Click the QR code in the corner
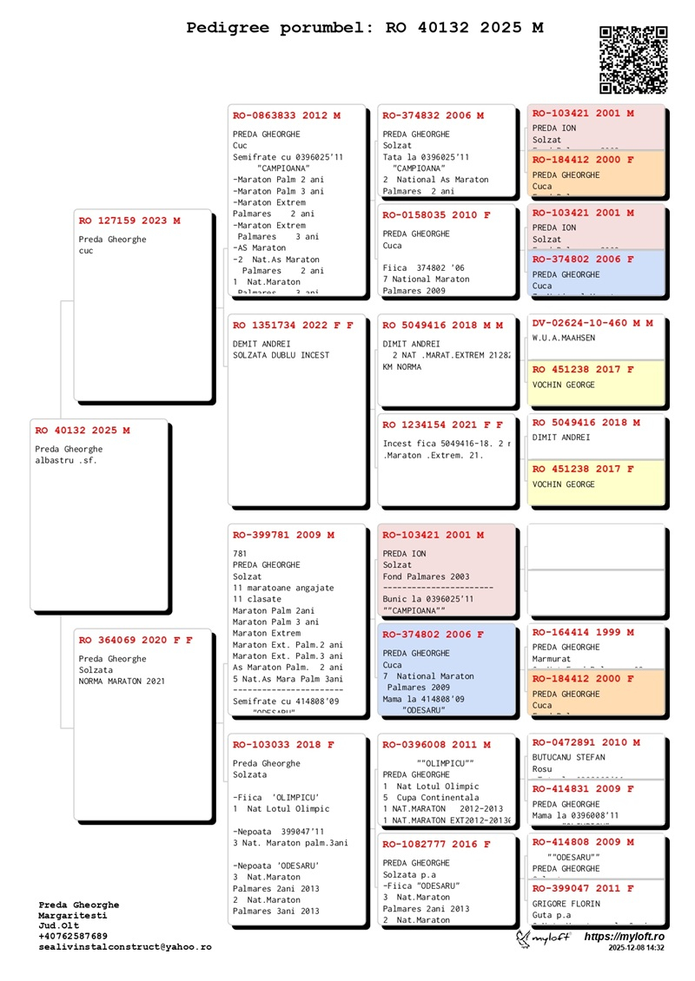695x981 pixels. [633, 60]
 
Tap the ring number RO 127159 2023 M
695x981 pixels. [129, 221]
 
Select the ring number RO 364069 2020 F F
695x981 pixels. [136, 640]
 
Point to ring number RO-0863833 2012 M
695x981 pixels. [287, 115]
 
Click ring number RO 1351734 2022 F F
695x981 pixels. [293, 326]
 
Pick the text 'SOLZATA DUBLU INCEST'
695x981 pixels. [281, 355]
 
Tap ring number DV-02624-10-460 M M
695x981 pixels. [592, 323]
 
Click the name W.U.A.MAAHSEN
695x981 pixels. [564, 339]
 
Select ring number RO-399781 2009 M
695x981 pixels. [283, 535]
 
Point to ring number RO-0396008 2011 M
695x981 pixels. [436, 745]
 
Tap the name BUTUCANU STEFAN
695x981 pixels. [568, 757]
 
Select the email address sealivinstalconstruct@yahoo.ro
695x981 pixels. [124, 947]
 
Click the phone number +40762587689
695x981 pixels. [73, 937]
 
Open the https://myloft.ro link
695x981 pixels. [624, 937]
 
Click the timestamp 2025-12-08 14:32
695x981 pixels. [636, 949]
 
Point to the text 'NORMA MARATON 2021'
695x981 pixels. [122, 681]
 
